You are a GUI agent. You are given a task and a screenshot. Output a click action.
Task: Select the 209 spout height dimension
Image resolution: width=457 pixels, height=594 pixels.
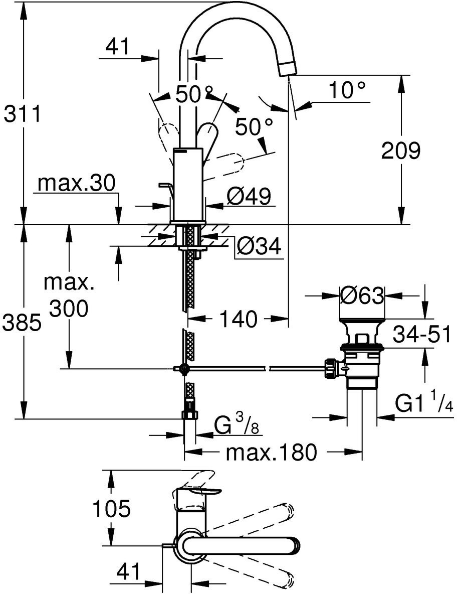401,151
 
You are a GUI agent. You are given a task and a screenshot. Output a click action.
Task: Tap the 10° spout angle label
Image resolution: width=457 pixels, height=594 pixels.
347,90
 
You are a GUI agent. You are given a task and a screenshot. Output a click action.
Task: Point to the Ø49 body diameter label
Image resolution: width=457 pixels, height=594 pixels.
249,196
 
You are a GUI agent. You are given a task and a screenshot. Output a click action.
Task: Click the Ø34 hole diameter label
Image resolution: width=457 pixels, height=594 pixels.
259,247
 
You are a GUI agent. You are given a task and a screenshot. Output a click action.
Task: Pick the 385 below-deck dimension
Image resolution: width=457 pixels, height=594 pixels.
22,323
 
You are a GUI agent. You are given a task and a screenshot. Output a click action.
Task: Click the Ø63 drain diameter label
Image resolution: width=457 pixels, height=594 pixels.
362,295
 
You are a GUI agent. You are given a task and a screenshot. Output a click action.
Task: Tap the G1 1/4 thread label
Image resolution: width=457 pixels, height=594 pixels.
424,404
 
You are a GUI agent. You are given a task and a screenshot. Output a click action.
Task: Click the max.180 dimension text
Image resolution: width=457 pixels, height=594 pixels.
271,453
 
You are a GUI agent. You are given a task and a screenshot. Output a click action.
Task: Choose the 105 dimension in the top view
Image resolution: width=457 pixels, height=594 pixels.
112,508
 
